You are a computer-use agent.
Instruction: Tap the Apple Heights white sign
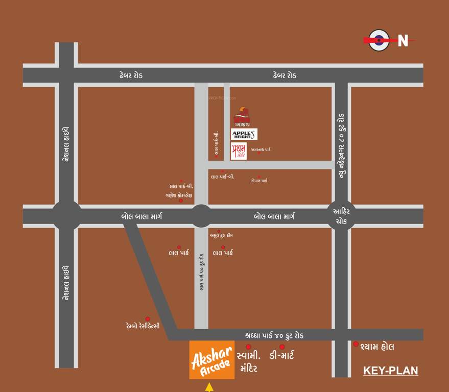pos(244,134)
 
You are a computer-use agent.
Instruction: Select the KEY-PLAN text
pos(390,371)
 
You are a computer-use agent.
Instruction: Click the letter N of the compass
pos(403,41)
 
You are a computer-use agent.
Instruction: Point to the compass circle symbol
pos(379,40)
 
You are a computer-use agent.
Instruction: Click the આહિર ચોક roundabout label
pos(341,216)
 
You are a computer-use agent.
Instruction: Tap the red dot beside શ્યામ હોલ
pos(356,344)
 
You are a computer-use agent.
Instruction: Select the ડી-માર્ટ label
pos(289,355)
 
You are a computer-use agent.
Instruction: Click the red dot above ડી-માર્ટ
pos(282,347)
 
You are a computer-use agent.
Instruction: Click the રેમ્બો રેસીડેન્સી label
pos(143,325)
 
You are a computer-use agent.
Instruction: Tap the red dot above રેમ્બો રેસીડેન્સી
pos(148,318)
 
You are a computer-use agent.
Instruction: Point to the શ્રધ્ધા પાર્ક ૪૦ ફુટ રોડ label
pos(274,335)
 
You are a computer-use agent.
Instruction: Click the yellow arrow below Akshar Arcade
pos(209,387)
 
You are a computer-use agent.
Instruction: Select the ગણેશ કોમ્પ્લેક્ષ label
pos(179,194)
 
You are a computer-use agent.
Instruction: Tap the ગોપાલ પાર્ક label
pos(259,180)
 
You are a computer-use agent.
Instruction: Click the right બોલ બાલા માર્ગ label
pos(274,216)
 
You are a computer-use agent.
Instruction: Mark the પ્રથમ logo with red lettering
pos(239,152)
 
